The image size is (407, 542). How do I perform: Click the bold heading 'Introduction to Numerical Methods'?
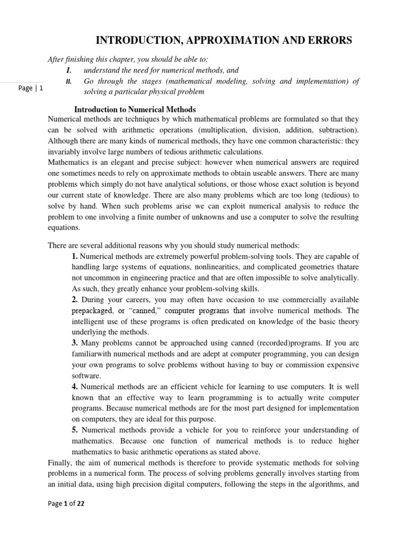135,110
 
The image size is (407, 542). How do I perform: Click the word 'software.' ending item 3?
86,375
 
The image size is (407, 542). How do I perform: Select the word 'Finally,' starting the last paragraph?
60,462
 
